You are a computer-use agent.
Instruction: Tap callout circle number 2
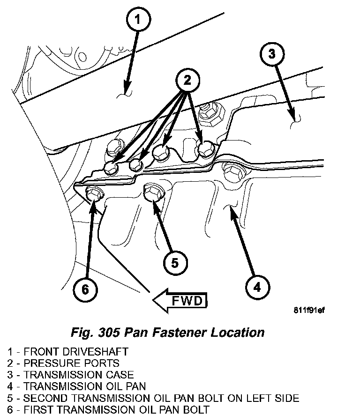pyautogui.click(x=187, y=81)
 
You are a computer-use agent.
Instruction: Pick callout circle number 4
pyautogui.click(x=256, y=286)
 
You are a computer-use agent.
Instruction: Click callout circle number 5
pyautogui.click(x=174, y=263)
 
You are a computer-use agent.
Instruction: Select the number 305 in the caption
pyautogui.click(x=110, y=333)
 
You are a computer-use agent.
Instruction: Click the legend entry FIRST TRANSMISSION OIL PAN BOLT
pyautogui.click(x=108, y=410)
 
